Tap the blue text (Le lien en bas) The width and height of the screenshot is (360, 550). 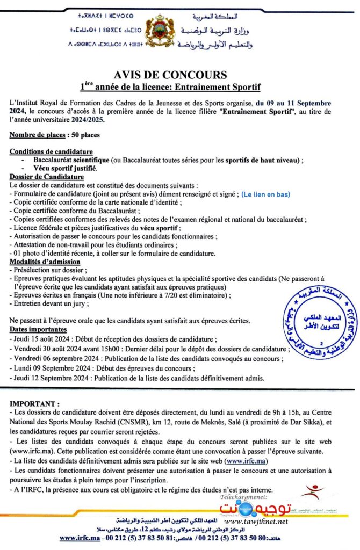point(265,194)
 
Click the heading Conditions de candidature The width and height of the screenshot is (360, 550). point(51,152)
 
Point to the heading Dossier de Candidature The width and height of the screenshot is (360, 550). point(47,177)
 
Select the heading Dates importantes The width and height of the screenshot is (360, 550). point(38,329)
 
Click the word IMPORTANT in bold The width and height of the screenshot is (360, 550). point(34,403)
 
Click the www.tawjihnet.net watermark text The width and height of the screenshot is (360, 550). point(256,522)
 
